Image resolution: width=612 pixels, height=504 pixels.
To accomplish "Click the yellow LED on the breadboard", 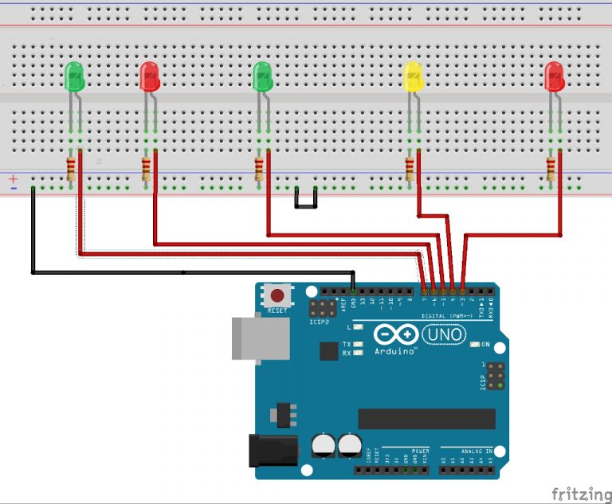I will coord(413,76).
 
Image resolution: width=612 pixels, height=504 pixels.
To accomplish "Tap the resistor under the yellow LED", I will coord(410,169).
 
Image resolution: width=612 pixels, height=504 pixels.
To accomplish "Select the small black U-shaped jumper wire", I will coord(305,200).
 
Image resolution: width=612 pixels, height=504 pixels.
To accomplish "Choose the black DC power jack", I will coord(269,450).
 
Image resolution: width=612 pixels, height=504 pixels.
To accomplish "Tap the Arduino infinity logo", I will coord(402,336).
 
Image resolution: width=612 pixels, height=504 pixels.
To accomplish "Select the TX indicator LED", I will coord(358,344).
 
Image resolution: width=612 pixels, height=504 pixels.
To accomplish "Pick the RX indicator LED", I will coord(358,351).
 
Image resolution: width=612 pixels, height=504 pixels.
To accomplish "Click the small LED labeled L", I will coord(358,327).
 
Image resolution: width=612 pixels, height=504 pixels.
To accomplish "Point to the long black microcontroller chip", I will coord(426,419).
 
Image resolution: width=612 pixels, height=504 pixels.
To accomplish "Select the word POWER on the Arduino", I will coord(421,451).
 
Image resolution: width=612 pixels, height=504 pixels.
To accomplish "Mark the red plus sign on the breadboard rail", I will coord(14,179).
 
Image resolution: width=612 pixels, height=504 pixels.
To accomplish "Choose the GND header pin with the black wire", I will coord(353,292).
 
